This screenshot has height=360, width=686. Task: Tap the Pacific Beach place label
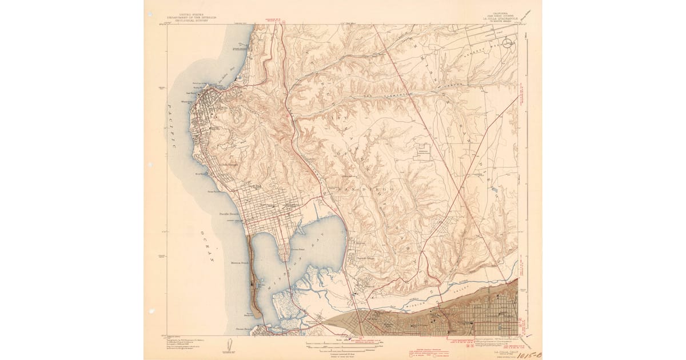coord(231,214)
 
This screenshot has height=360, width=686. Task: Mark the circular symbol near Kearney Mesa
coord(508,44)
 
